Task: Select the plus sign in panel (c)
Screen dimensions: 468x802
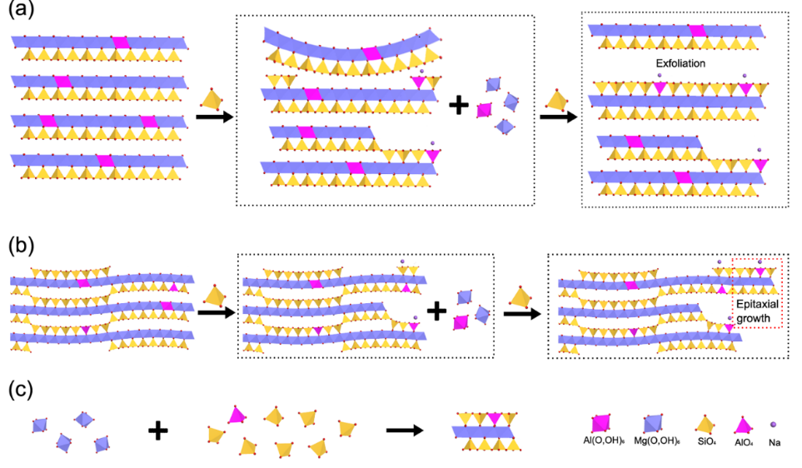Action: (x=158, y=430)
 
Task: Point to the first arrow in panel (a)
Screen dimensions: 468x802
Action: (x=213, y=117)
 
